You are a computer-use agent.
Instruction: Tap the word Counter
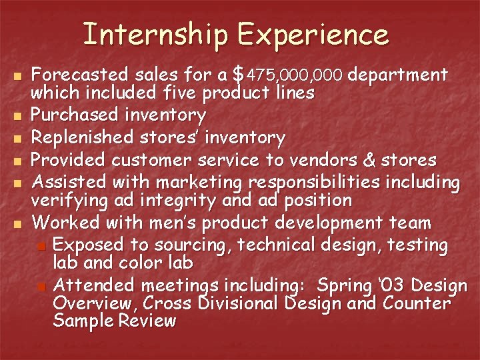(418, 304)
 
